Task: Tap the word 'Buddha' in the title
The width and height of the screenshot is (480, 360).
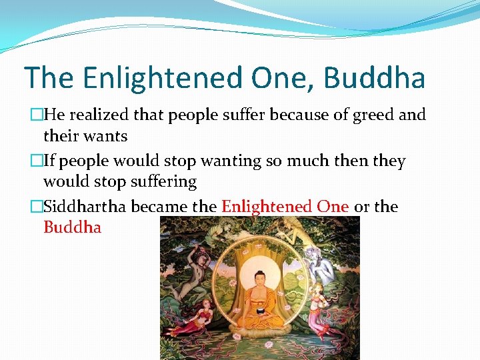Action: point(374,77)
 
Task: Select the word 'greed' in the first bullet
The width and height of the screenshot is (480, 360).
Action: point(373,115)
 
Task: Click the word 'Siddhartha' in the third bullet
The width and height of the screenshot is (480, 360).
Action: point(85,207)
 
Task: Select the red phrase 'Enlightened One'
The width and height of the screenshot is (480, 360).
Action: point(285,207)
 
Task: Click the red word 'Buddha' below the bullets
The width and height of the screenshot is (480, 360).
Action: point(72,227)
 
